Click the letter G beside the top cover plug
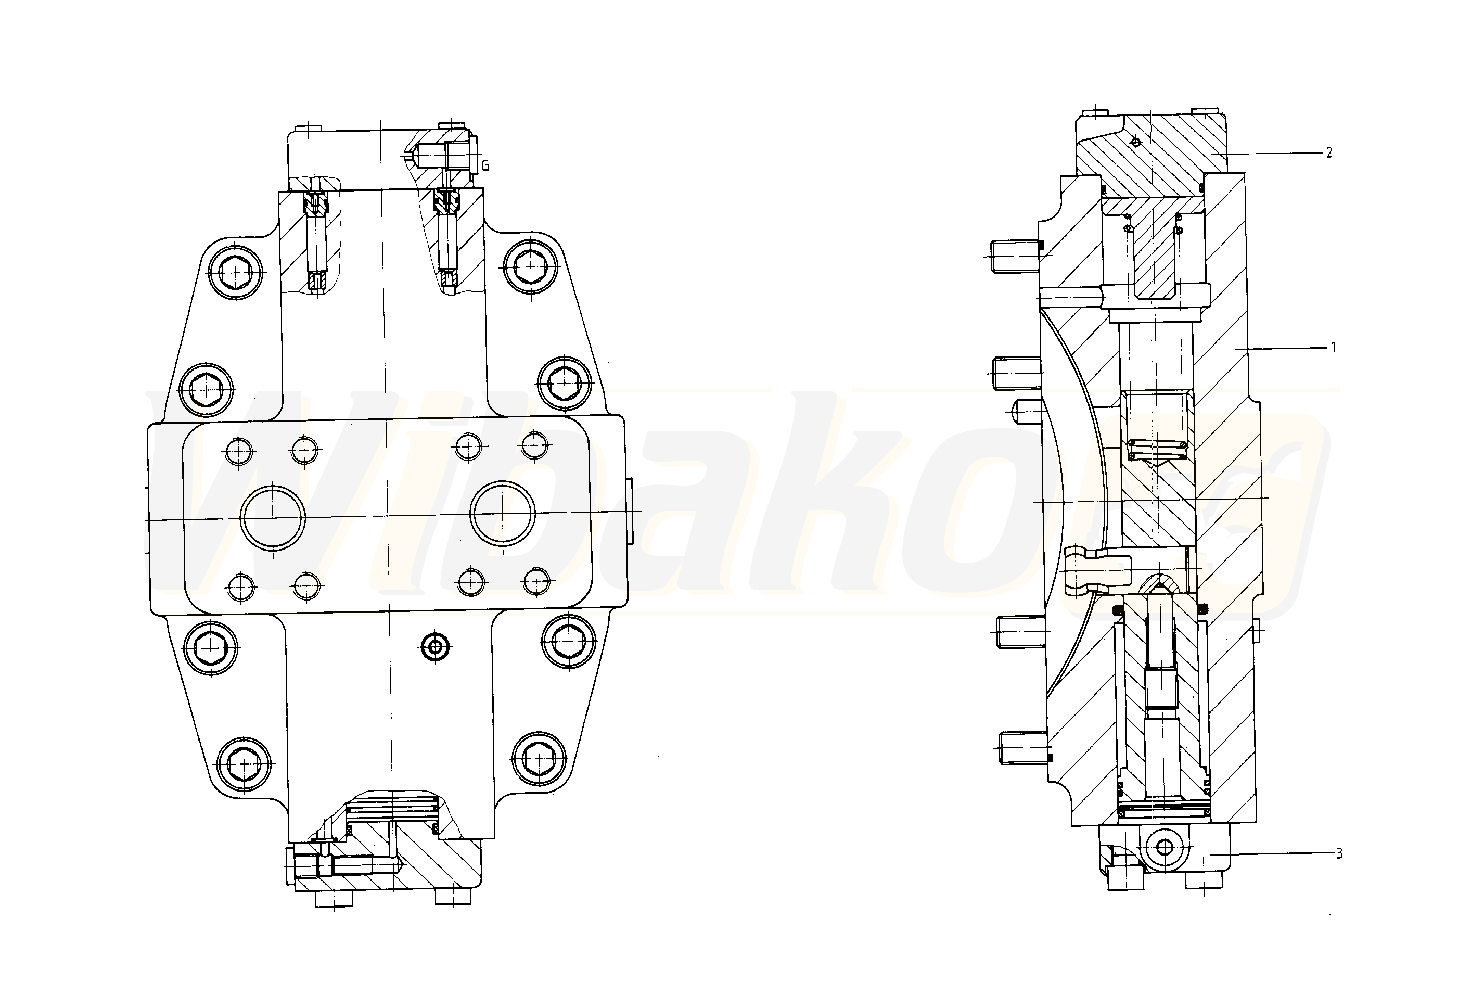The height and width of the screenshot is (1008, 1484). (x=485, y=166)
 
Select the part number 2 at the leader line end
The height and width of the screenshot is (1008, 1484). (x=1329, y=152)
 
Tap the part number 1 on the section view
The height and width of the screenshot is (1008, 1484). (x=1333, y=348)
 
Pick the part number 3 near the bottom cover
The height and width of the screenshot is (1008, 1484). (x=1339, y=853)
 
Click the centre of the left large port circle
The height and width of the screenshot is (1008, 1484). (x=273, y=517)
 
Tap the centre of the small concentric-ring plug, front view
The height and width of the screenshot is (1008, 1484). (x=436, y=647)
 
